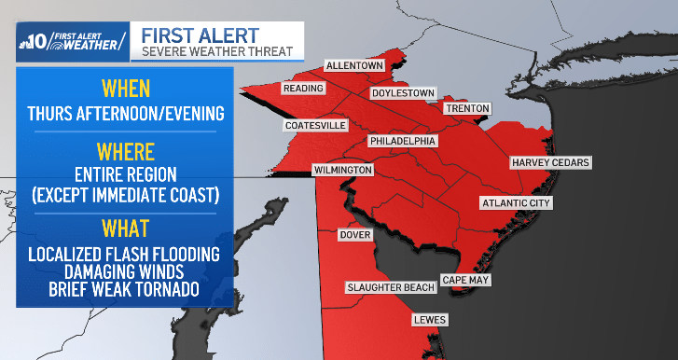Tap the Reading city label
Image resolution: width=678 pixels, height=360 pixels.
(x=304, y=89)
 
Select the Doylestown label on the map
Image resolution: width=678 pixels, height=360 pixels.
(x=403, y=93)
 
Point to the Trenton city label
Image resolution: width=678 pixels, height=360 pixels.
(x=466, y=108)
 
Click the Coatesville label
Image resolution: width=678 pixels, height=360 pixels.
(x=315, y=125)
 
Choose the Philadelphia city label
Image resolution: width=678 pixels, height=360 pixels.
(x=403, y=141)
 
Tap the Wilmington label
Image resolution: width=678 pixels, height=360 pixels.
(x=343, y=171)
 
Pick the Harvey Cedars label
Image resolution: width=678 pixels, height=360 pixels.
(x=550, y=163)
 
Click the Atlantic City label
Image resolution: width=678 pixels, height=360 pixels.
(x=516, y=203)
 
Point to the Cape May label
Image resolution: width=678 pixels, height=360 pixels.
(x=465, y=280)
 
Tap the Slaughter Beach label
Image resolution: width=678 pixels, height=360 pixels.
(x=391, y=287)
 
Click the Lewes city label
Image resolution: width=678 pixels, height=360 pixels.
(x=430, y=321)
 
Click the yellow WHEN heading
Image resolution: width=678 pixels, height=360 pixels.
(x=125, y=90)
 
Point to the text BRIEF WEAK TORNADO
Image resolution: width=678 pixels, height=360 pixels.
(x=125, y=290)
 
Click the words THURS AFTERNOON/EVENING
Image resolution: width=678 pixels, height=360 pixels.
(x=125, y=115)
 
